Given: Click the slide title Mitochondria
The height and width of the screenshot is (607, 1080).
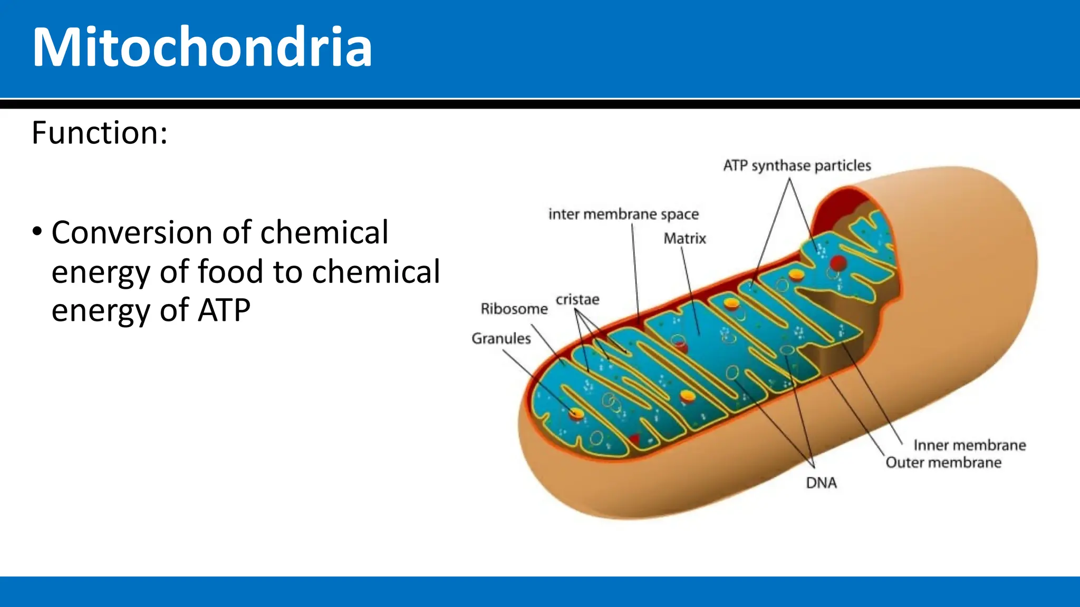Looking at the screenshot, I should click(x=202, y=47).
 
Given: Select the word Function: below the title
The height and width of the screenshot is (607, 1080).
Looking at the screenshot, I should click(x=100, y=132).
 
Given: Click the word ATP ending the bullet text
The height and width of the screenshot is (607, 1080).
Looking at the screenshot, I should click(x=224, y=310).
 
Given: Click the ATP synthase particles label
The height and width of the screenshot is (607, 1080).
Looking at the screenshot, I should click(x=797, y=165).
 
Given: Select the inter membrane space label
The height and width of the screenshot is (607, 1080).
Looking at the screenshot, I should click(x=623, y=214).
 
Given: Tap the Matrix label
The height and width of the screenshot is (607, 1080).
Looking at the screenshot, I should click(x=684, y=239).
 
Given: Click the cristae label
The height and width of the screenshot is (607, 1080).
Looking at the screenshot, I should click(x=577, y=300).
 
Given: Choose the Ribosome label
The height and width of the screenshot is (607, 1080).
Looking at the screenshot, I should click(x=514, y=309).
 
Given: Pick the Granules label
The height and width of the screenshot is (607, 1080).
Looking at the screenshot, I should click(x=501, y=338).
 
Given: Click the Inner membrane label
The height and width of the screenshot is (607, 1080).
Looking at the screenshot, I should click(x=969, y=445).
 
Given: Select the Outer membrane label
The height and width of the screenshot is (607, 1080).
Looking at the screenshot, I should click(x=943, y=463).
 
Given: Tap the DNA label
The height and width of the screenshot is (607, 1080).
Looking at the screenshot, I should click(x=821, y=483).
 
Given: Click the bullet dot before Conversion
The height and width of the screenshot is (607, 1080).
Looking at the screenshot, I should click(x=37, y=232).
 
